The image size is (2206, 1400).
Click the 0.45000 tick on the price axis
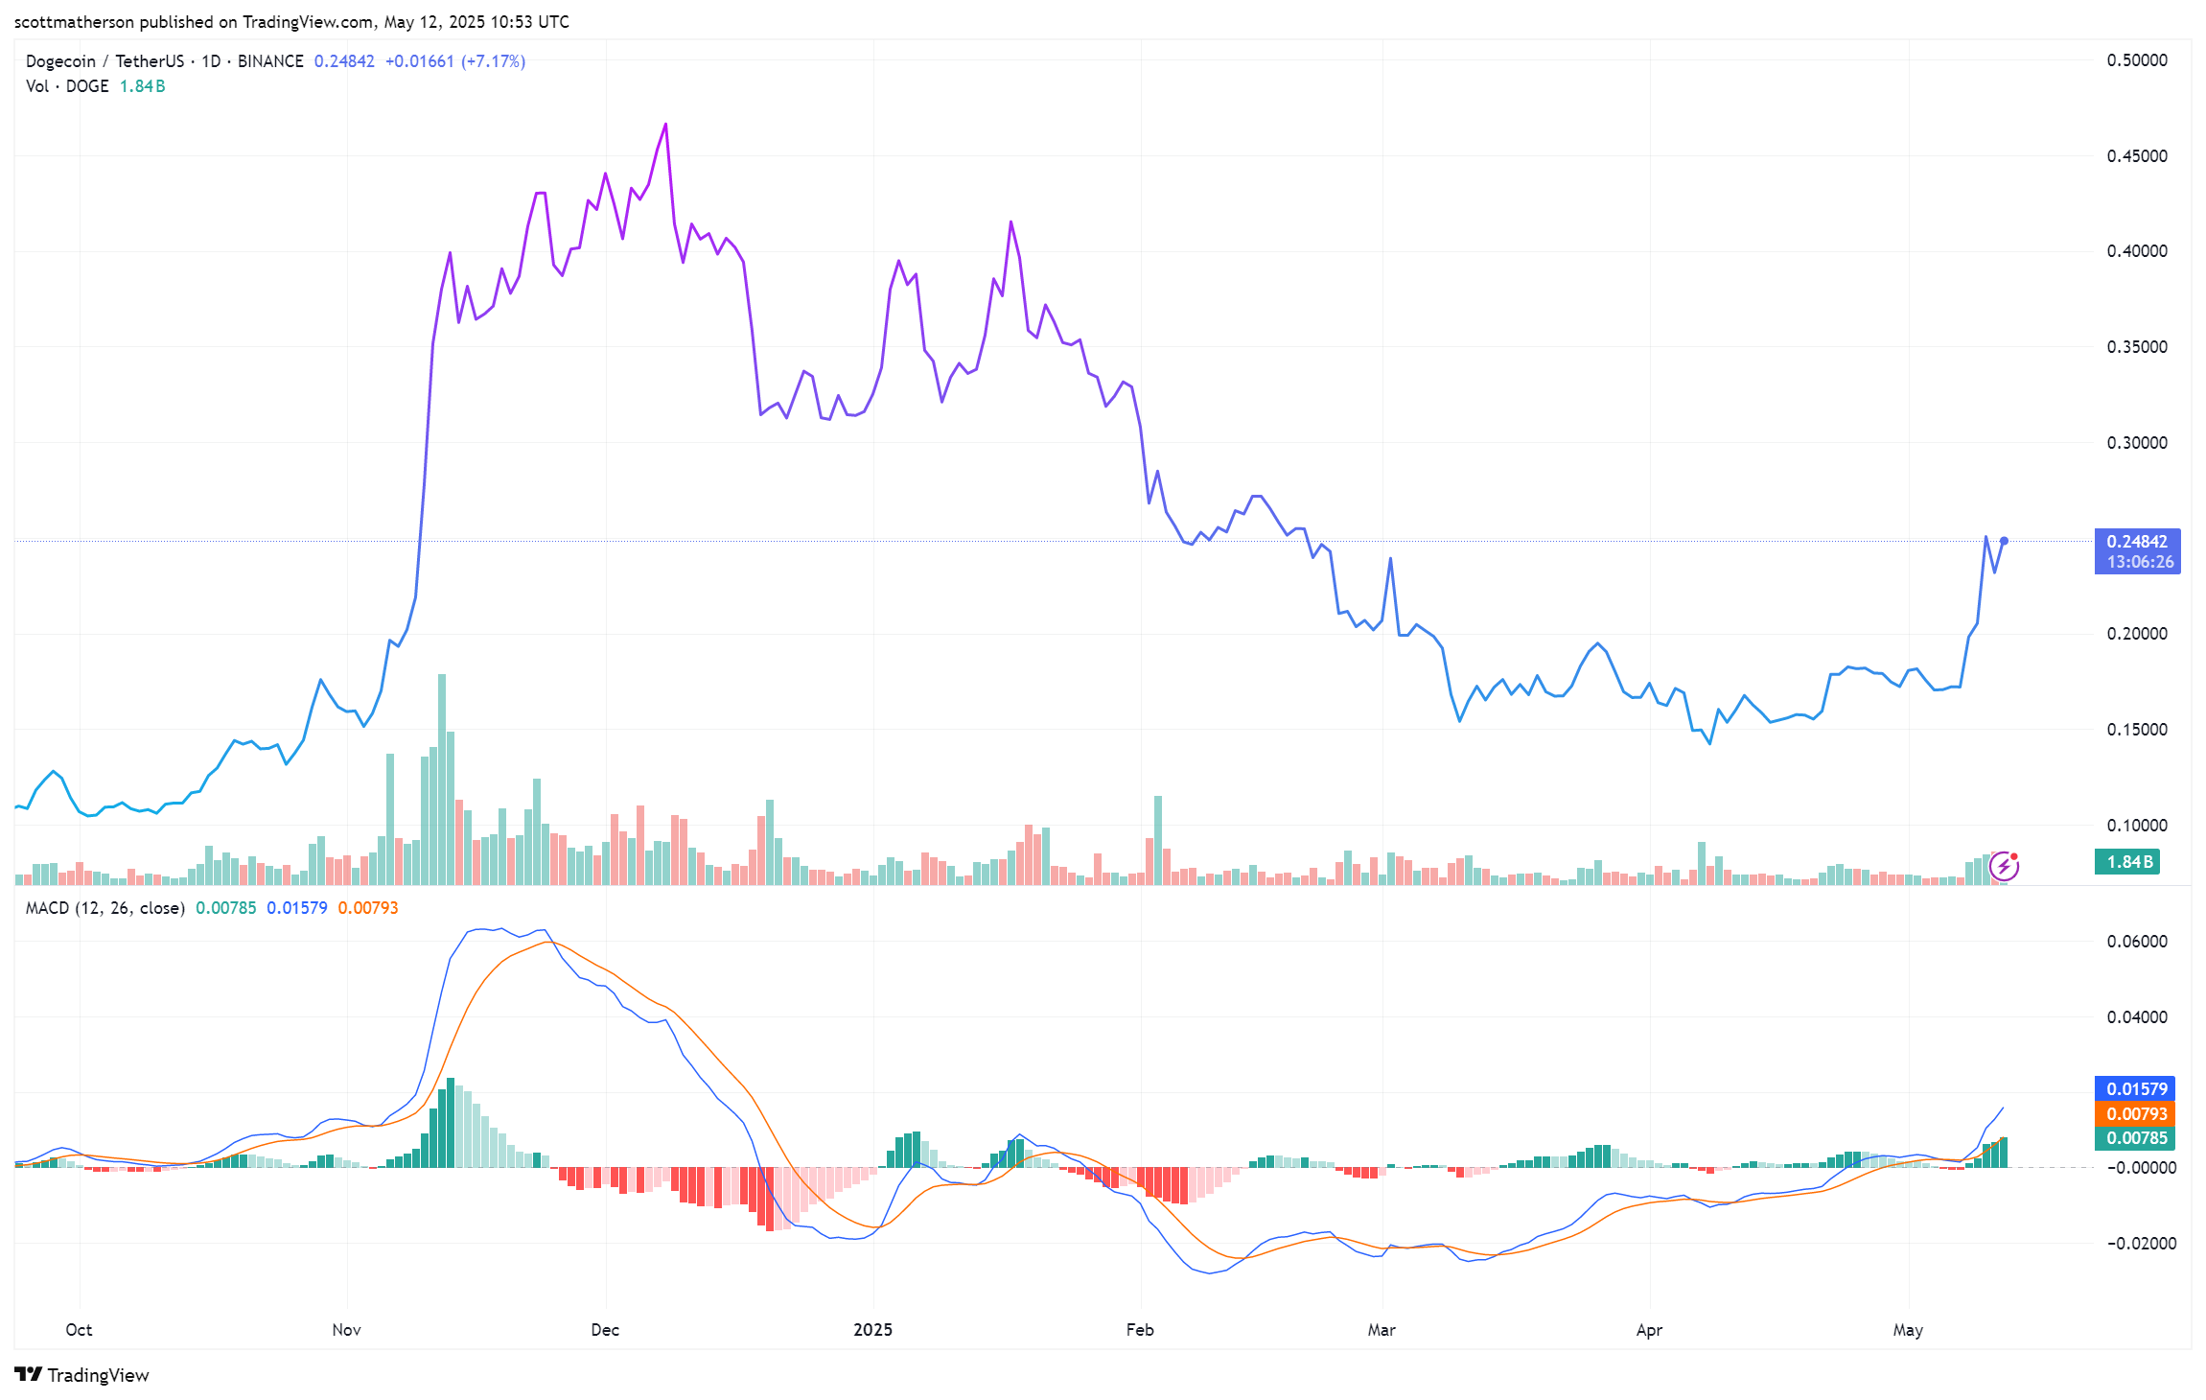pyautogui.click(x=2136, y=156)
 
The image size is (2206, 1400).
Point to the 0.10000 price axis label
pyautogui.click(x=2136, y=826)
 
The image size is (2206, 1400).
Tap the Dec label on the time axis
pyautogui.click(x=605, y=1330)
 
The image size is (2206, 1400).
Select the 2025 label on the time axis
pyautogui.click(x=872, y=1330)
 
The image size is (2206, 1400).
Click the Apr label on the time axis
pyautogui.click(x=1649, y=1330)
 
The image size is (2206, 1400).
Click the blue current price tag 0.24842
pyautogui.click(x=2137, y=542)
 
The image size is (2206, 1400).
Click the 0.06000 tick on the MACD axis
pyautogui.click(x=2136, y=942)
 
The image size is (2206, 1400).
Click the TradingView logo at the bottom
pyautogui.click(x=82, y=1375)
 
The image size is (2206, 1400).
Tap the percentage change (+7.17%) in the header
pyautogui.click(x=493, y=61)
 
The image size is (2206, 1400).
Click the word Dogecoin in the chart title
pyautogui.click(x=60, y=61)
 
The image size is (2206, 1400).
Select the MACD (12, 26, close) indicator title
pyautogui.click(x=104, y=908)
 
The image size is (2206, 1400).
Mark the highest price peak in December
pyautogui.click(x=665, y=125)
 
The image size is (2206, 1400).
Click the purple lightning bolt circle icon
pyautogui.click(x=2004, y=867)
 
